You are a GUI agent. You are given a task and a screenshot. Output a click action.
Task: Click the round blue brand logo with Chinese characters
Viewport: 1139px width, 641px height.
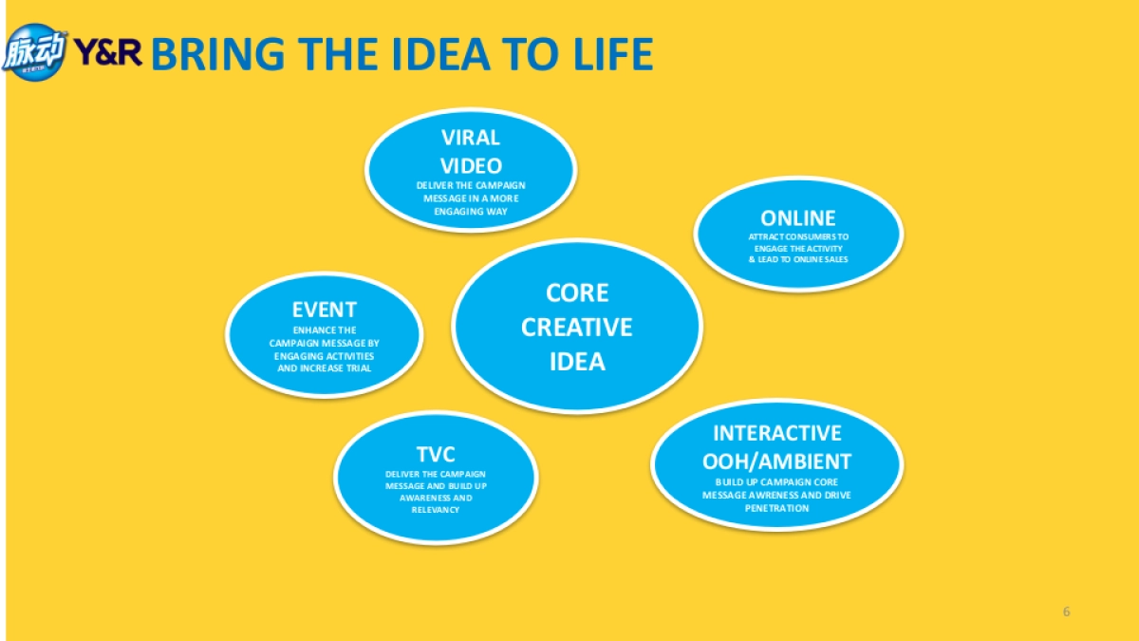click(x=34, y=52)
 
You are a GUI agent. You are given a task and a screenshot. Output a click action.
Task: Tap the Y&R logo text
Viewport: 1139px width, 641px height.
click(x=108, y=52)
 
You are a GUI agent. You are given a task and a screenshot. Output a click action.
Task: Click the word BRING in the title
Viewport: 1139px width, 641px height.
click(x=218, y=54)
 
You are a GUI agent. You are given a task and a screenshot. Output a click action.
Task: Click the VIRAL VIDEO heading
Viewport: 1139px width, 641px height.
click(x=471, y=152)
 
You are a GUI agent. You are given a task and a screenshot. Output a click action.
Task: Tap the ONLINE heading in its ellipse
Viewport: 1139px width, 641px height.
click(x=798, y=218)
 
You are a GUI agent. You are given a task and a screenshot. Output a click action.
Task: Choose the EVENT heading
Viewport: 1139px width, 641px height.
click(x=325, y=310)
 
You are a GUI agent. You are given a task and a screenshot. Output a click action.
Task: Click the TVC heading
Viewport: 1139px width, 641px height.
click(x=436, y=454)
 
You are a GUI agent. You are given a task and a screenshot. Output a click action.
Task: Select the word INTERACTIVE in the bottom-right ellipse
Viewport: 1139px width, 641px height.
click(x=777, y=433)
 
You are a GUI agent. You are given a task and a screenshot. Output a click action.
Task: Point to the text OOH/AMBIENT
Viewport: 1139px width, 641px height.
click(x=777, y=462)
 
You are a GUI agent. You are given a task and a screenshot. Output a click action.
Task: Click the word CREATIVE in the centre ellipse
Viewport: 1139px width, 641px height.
click(x=577, y=327)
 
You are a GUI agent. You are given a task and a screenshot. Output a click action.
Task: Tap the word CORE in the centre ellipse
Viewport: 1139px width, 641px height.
click(x=577, y=292)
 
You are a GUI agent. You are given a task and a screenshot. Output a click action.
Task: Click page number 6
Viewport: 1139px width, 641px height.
click(x=1066, y=612)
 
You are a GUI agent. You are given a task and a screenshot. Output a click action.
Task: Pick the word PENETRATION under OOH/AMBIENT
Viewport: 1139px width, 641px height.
click(x=777, y=508)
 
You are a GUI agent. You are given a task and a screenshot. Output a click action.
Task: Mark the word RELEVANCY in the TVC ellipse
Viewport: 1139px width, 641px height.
click(x=436, y=510)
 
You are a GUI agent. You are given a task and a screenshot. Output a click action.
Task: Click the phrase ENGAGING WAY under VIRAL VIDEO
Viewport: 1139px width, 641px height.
click(x=471, y=211)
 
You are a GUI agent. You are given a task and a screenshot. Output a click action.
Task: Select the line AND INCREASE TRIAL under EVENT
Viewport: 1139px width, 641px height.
click(x=325, y=368)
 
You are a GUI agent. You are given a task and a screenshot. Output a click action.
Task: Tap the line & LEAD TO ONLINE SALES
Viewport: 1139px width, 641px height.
click(x=798, y=259)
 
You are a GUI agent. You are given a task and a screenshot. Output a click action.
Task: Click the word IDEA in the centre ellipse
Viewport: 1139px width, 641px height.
click(x=577, y=362)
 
